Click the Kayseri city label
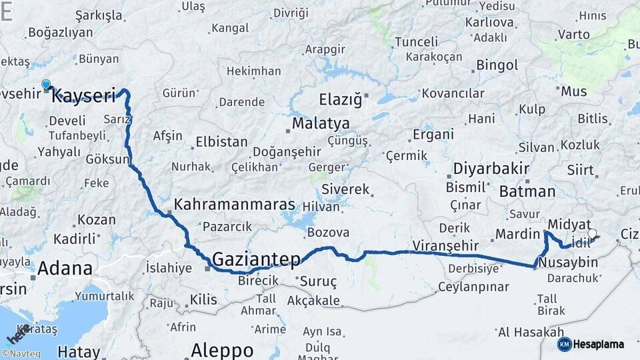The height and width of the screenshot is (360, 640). tap(84, 95)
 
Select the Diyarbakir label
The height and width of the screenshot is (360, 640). tap(491, 168)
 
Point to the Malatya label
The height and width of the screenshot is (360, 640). tap(321, 123)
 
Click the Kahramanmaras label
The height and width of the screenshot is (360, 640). tap(234, 205)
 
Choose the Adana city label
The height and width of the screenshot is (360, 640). tap(65, 269)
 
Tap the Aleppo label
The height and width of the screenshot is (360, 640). tap(222, 349)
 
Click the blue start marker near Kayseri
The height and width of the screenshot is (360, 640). tap(46, 84)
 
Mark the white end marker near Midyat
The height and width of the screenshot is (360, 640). tap(591, 234)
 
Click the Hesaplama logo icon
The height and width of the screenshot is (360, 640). tap(564, 344)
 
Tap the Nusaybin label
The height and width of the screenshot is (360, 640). tap(568, 262)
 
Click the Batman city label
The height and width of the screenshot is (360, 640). tap(527, 192)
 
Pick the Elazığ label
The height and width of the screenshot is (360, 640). tap(340, 100)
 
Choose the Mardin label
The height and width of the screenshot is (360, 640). tap(517, 234)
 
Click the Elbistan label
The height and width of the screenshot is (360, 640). tap(221, 142)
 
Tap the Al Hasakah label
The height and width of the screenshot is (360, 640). tap(521, 332)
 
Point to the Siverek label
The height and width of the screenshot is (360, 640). tap(345, 190)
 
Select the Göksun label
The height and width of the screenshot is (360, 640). tap(107, 159)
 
